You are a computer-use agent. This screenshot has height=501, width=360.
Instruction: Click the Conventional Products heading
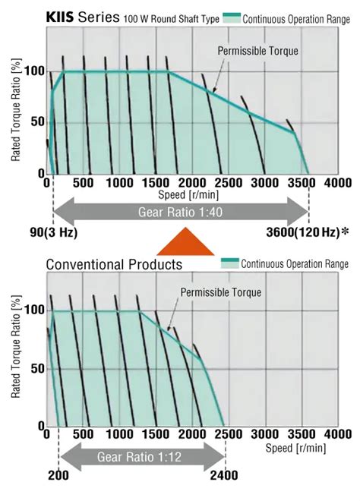(114, 264)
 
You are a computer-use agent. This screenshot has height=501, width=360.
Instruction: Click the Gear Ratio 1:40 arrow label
(181, 211)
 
